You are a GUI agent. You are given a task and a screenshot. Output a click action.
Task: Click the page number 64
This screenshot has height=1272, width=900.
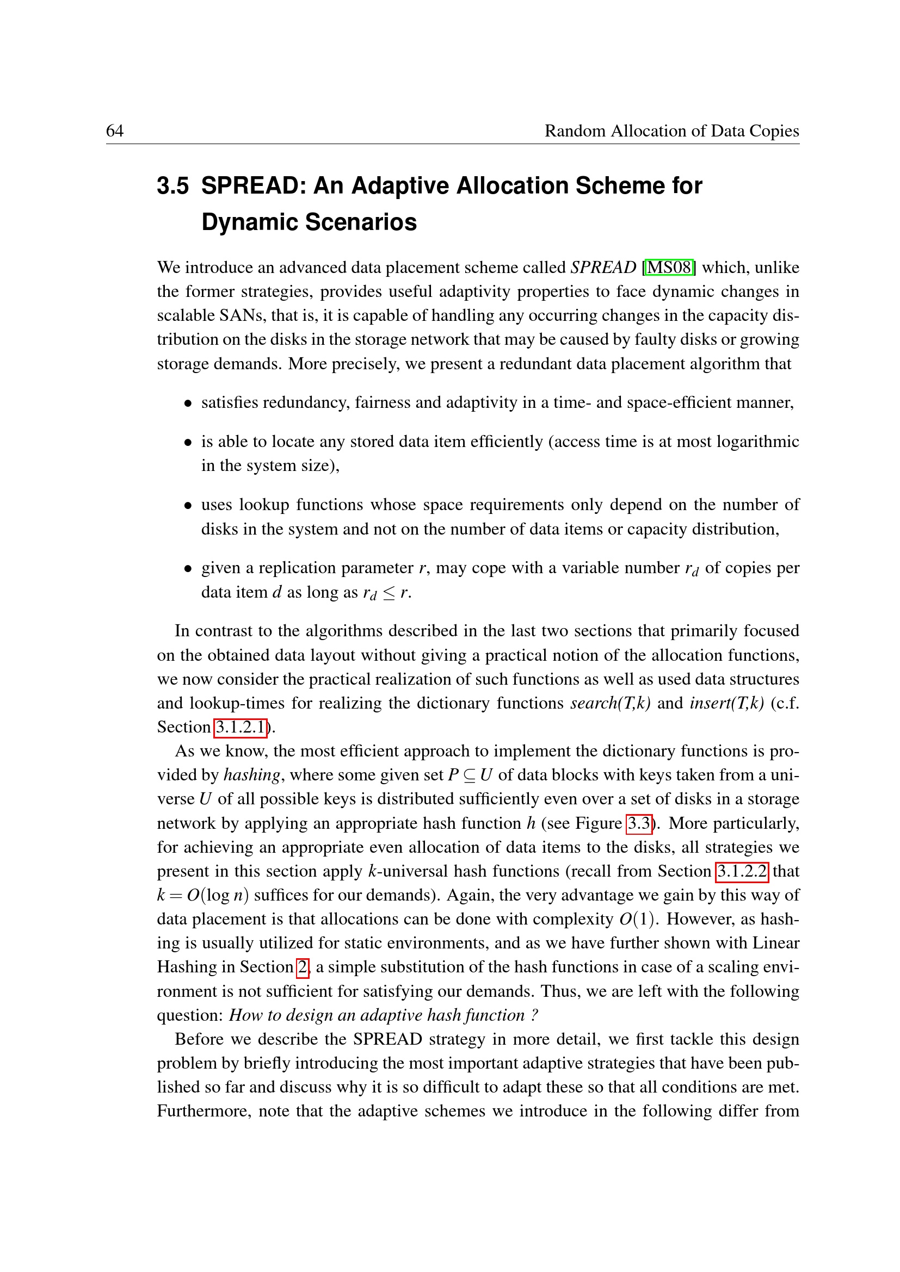tap(115, 131)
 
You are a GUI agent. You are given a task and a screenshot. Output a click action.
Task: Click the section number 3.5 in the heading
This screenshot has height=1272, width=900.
tap(172, 186)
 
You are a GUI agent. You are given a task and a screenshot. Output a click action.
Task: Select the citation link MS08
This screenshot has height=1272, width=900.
tap(669, 268)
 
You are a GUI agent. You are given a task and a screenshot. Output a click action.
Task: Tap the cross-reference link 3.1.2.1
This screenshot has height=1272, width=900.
tap(241, 727)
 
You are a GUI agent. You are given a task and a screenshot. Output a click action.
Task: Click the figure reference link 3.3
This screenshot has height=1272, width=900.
tap(639, 823)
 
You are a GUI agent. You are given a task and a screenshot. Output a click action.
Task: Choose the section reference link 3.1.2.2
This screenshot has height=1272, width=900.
tap(742, 871)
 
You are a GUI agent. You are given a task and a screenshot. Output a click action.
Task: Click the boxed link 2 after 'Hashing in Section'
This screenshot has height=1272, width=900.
tap(302, 967)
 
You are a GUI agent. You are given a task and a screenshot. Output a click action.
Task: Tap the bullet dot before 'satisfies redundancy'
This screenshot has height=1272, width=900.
tap(188, 404)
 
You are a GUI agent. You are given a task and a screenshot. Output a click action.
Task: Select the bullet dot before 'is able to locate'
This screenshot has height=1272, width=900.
tap(188, 443)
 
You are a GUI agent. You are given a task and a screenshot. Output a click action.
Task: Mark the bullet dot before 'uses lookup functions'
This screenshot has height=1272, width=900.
tap(188, 506)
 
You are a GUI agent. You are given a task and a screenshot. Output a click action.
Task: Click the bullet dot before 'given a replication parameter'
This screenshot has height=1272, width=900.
tap(188, 569)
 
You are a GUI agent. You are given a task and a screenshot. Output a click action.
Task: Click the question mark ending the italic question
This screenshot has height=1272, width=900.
tap(534, 1015)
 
